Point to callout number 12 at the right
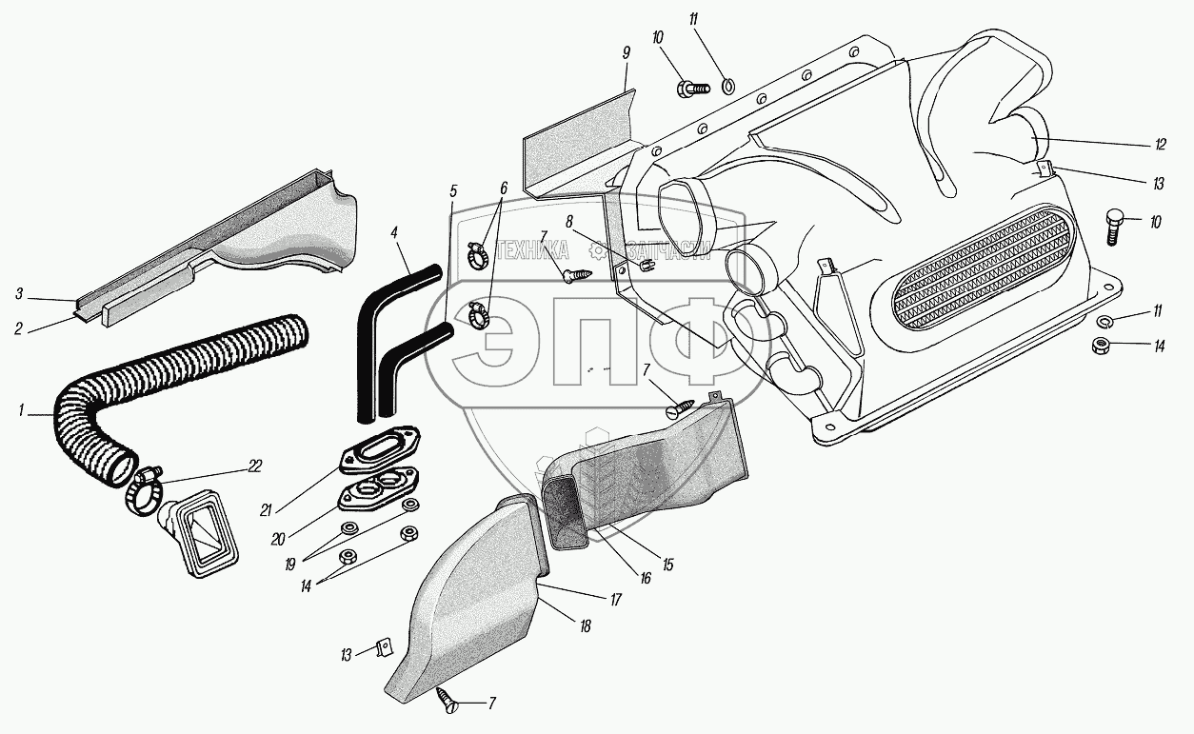point(1160,145)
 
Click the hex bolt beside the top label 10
point(691,89)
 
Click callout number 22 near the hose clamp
point(253,466)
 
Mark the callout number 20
point(277,539)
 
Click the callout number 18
point(584,626)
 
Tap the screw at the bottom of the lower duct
point(448,702)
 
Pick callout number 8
point(567,221)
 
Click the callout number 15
point(667,565)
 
